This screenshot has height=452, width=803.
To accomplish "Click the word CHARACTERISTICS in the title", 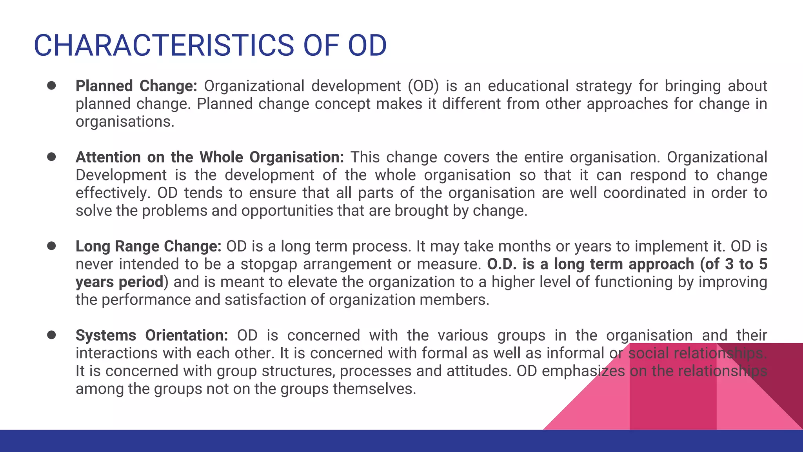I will (164, 46).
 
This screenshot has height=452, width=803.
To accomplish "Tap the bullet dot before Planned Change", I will (51, 86).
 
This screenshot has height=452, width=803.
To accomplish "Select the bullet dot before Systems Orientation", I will (51, 335).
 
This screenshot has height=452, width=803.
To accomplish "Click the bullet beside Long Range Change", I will (51, 246).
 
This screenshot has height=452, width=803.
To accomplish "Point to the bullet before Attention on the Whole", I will (51, 157).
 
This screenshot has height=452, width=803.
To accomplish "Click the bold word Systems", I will (105, 335).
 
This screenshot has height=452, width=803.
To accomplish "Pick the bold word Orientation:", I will (186, 335).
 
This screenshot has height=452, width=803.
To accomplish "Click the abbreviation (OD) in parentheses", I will (423, 86).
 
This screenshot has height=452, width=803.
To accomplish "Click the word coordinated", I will (644, 193).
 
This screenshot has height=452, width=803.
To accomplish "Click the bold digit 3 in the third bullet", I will (729, 264).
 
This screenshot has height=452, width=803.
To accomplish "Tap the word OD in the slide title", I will (367, 46).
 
